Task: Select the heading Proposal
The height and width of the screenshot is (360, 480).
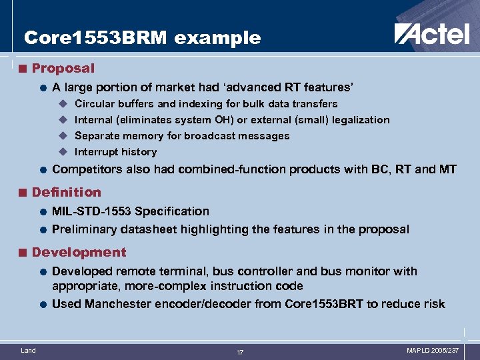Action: coord(63,68)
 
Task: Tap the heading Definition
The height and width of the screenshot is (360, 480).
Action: coord(67,192)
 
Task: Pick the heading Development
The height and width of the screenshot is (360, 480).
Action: coord(79,252)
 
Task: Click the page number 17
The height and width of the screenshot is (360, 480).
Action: coord(240,352)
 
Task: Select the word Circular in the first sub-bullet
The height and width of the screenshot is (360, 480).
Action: coord(94,104)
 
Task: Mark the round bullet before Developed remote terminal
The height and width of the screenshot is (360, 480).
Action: coord(42,272)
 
